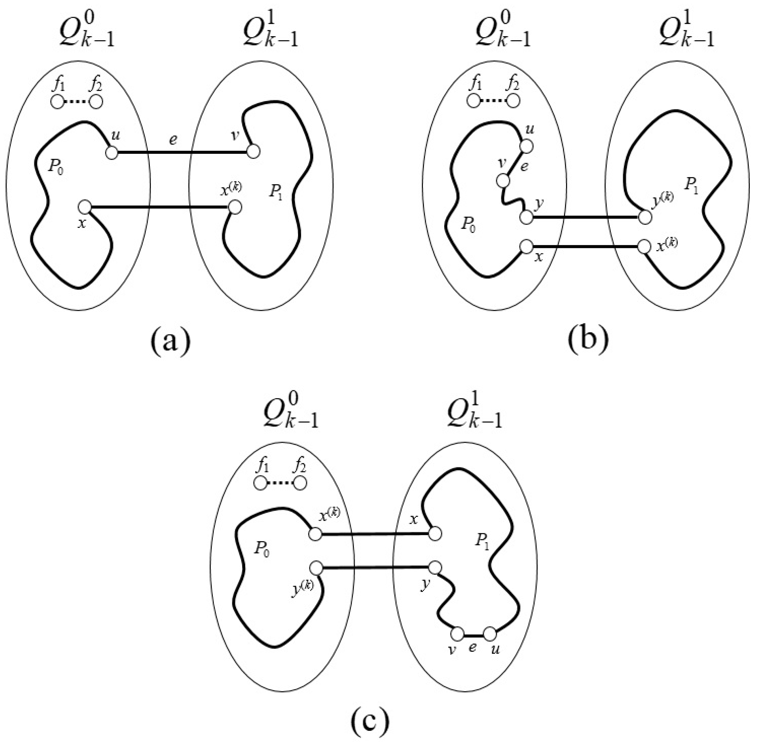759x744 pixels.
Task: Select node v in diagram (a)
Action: (x=253, y=152)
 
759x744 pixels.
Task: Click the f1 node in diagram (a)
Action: (x=57, y=102)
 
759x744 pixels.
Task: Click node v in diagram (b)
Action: (x=503, y=181)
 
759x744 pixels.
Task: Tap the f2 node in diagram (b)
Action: (x=513, y=101)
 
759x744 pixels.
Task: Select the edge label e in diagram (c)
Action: (x=472, y=648)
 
